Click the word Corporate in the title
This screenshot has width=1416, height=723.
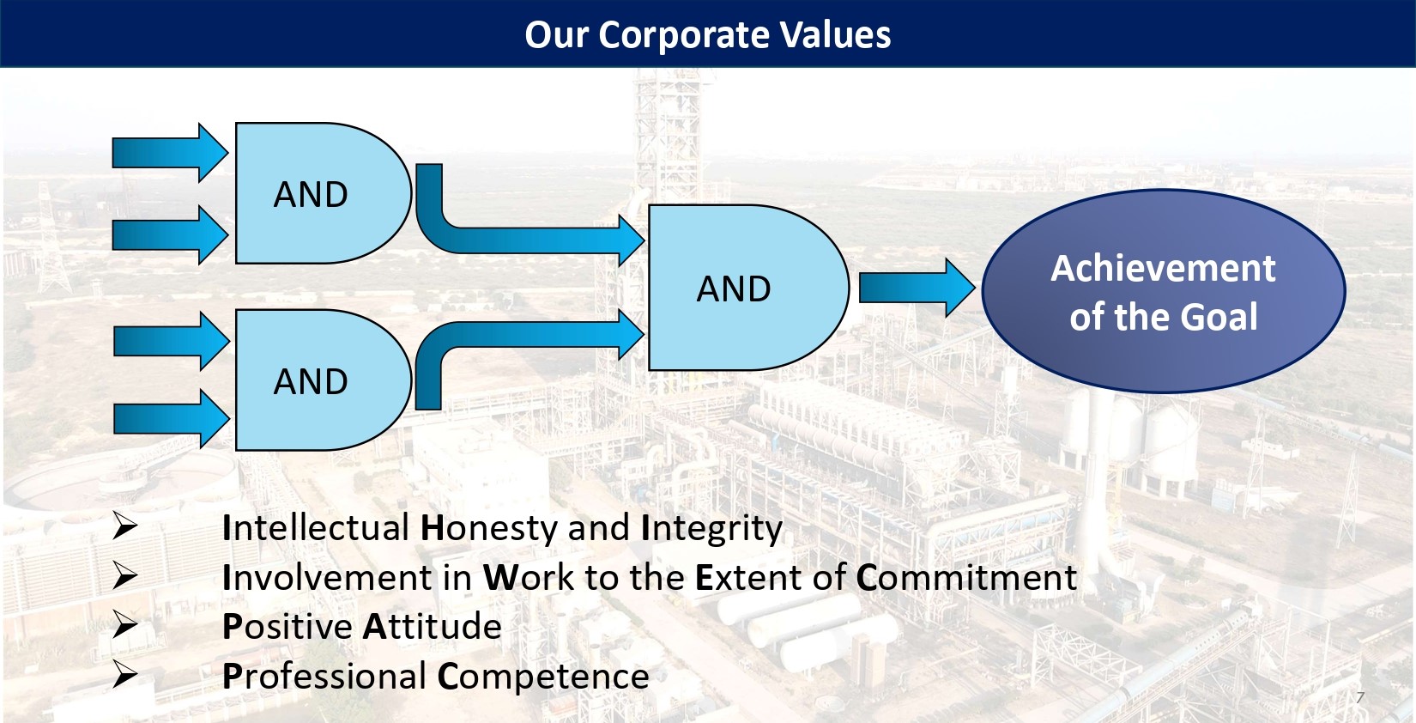click(684, 35)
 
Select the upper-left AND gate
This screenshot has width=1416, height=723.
click(323, 193)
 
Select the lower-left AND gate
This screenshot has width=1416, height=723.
click(323, 380)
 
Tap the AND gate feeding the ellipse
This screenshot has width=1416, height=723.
click(748, 287)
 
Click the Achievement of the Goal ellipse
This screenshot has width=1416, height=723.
click(1163, 291)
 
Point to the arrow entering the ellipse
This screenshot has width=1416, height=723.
click(917, 288)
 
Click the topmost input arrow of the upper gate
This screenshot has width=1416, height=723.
click(169, 153)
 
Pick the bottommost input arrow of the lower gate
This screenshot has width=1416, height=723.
click(171, 419)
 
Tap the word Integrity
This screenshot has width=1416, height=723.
click(711, 529)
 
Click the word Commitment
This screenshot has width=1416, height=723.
click(966, 577)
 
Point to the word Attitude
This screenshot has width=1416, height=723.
click(433, 626)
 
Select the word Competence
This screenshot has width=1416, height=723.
click(543, 677)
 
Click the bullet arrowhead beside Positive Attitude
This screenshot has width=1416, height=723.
click(125, 626)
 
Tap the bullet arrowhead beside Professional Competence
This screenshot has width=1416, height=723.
click(125, 674)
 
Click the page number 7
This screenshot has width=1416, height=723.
click(1360, 698)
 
